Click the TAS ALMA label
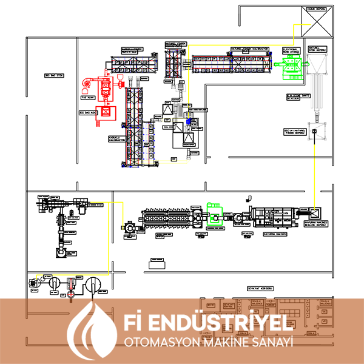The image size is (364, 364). pyautogui.click(x=87, y=96)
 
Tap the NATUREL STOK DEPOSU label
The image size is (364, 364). pyautogui.click(x=318, y=48)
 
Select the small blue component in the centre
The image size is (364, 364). pyautogui.click(x=189, y=122)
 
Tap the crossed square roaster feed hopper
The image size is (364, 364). pyautogui.click(x=316, y=212)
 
